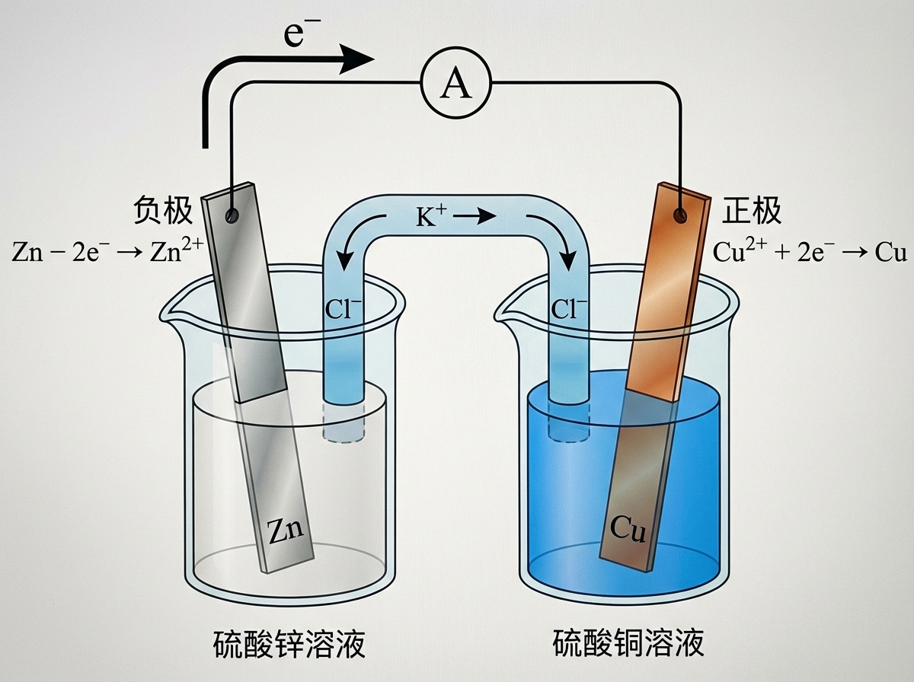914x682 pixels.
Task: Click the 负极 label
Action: [x=162, y=212]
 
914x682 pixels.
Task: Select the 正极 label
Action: [x=753, y=212]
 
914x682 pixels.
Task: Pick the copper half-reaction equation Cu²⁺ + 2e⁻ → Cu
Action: [x=809, y=251]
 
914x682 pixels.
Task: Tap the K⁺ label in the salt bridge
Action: [x=431, y=218]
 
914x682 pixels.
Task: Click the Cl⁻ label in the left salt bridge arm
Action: [x=344, y=308]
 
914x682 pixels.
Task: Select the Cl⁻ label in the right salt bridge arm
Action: [x=570, y=308]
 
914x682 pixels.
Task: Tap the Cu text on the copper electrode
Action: [x=628, y=529]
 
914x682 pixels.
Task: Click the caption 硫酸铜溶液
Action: [x=628, y=644]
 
